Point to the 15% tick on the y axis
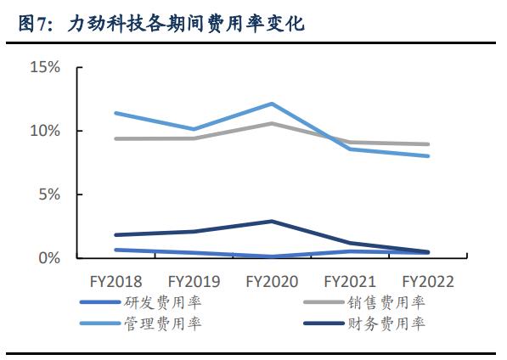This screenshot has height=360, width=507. click(x=44, y=66)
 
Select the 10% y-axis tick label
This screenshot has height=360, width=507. click(x=44, y=131)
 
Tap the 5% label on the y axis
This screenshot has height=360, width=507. click(x=48, y=194)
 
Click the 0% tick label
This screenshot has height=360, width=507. click(x=48, y=258)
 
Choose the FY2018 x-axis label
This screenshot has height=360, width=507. click(x=115, y=281)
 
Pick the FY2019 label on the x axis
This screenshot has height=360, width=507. click(x=194, y=281)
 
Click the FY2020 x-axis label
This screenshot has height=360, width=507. click(x=272, y=281)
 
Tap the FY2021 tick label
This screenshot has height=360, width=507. click(x=350, y=281)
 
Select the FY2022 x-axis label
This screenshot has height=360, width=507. click(x=428, y=281)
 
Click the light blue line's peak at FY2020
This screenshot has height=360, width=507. click(x=272, y=104)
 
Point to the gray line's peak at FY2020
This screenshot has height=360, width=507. click(x=272, y=123)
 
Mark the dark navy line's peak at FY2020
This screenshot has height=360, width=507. click(x=272, y=222)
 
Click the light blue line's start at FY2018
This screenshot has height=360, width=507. click(x=115, y=113)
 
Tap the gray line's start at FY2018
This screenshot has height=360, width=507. click(x=115, y=138)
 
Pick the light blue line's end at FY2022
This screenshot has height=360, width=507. click(x=428, y=155)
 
